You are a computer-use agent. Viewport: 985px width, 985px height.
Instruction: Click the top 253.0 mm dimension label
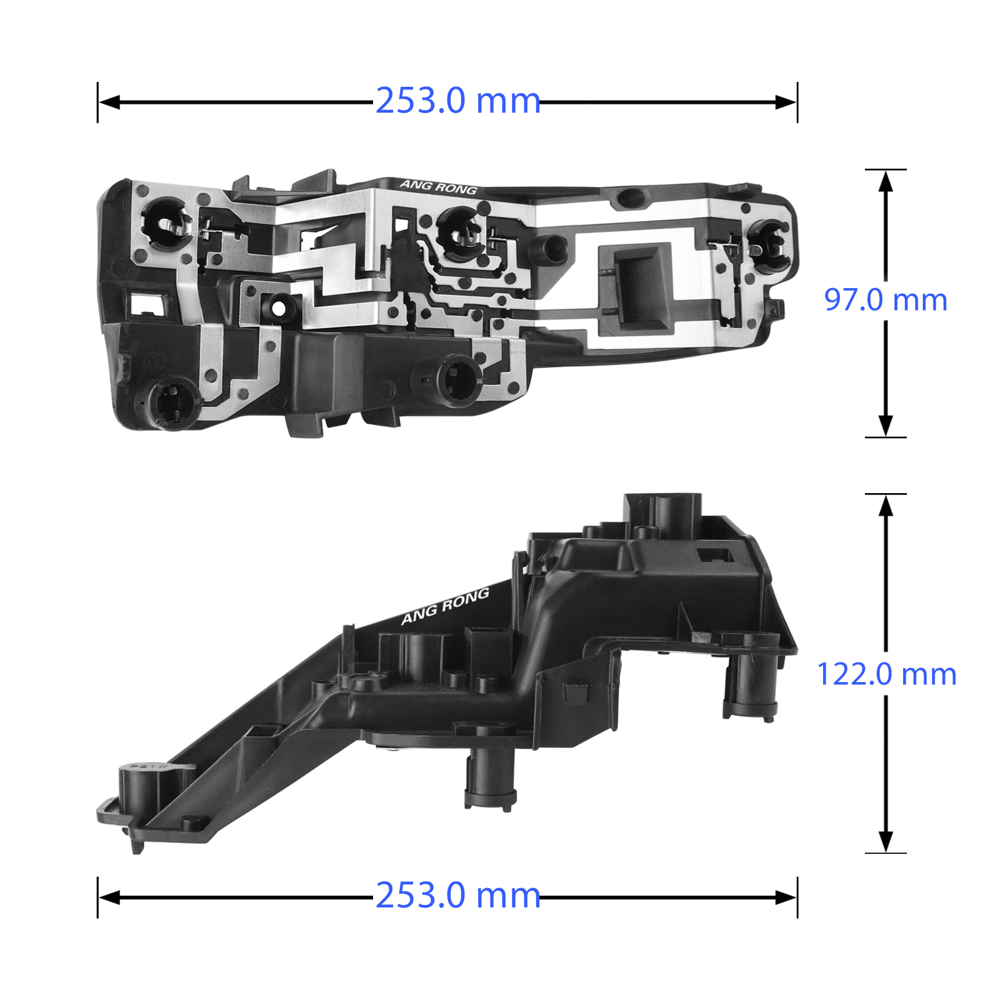tap(457, 100)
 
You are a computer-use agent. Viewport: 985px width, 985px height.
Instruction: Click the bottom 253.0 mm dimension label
tap(457, 895)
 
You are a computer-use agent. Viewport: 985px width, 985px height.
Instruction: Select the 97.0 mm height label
tap(885, 300)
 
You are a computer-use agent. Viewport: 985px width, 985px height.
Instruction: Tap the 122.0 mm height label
tap(886, 674)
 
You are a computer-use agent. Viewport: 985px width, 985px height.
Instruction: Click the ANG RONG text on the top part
tap(438, 187)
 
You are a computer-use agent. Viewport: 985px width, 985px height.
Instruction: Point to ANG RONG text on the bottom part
tap(445, 606)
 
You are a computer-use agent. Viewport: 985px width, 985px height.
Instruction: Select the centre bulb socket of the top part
tap(461, 233)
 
